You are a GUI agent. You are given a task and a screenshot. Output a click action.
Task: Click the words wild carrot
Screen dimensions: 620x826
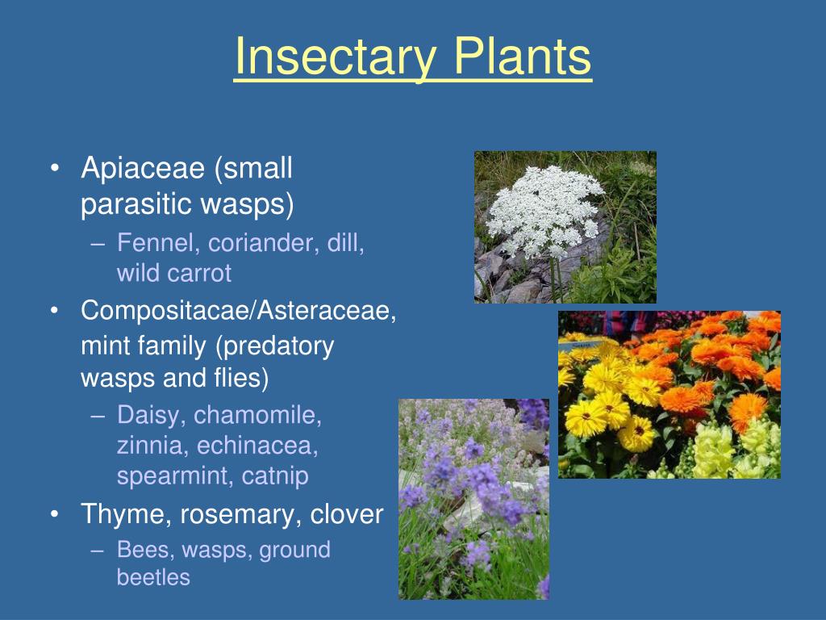click(x=173, y=274)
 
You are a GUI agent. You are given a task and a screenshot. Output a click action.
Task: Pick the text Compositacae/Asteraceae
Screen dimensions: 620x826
click(x=238, y=311)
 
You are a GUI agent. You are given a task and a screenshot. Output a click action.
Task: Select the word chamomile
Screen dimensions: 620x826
click(x=257, y=416)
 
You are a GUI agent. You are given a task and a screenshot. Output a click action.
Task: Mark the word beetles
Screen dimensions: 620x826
click(x=153, y=577)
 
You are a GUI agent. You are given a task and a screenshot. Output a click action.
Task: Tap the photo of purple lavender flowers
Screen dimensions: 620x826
click(x=473, y=499)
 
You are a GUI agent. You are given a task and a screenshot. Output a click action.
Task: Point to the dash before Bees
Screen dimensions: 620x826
click(x=98, y=551)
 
